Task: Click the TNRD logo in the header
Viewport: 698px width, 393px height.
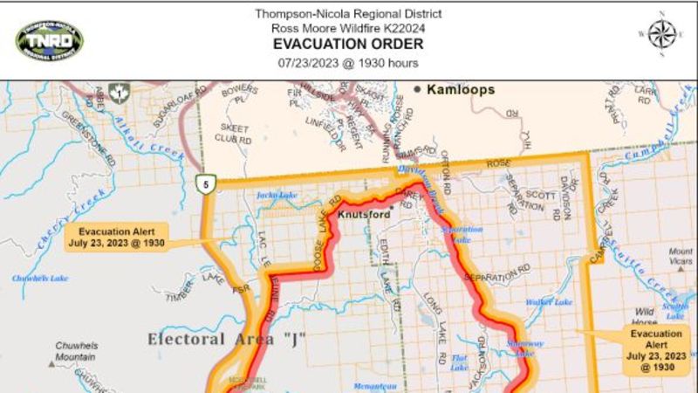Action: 50,38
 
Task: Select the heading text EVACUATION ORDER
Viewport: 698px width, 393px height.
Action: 348,45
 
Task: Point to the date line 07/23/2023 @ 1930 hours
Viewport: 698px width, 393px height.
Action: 348,63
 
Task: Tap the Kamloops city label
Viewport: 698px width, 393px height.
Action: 460,90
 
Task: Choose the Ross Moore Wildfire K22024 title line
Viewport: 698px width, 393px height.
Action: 348,28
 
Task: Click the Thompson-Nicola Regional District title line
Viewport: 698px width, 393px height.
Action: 348,13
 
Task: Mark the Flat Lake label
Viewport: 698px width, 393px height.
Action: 460,362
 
